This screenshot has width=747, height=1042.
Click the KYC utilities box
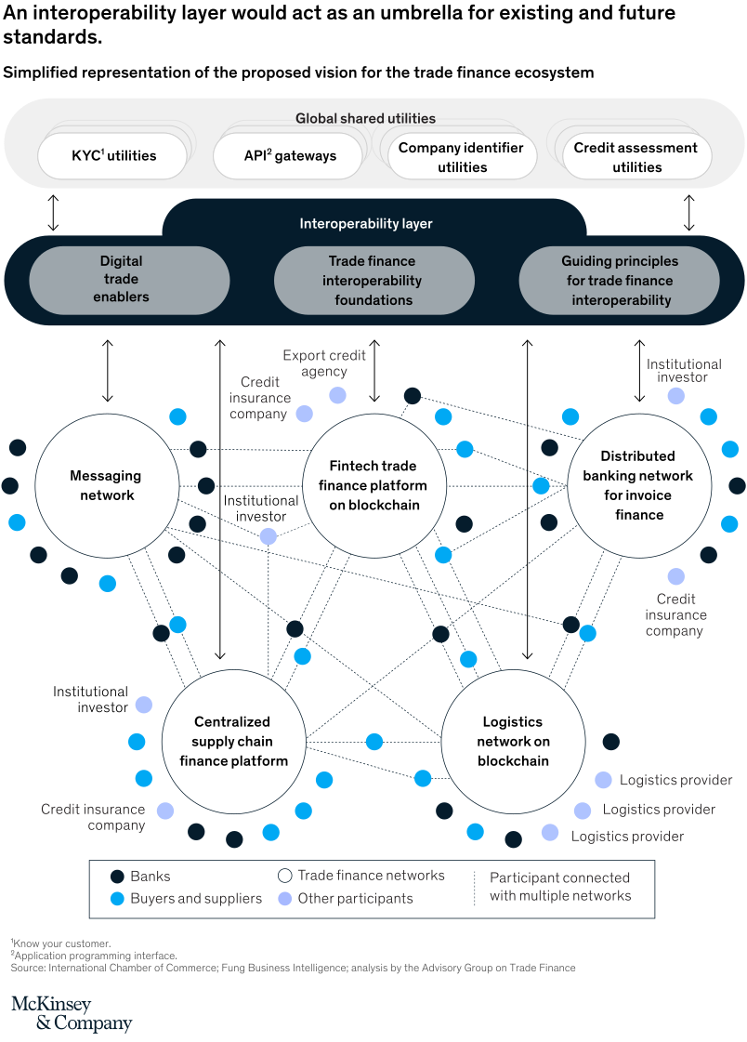click(113, 155)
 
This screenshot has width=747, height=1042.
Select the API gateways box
click(289, 155)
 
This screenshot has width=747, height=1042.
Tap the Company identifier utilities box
click(462, 157)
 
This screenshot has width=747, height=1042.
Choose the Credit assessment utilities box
click(636, 157)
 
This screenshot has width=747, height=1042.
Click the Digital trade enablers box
click(129, 280)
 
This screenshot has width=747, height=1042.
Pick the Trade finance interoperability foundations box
click(373, 280)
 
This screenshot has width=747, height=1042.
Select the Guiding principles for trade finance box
click(620, 280)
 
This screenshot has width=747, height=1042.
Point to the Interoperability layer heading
click(365, 224)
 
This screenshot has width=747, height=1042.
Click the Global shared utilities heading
click(365, 118)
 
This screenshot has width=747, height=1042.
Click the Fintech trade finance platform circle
click(373, 485)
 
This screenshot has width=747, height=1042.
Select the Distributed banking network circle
click(638, 485)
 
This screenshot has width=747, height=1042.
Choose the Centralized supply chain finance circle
click(233, 741)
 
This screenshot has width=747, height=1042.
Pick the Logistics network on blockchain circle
click(513, 741)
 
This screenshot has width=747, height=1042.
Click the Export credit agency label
click(324, 363)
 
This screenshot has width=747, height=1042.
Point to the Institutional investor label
click(684, 370)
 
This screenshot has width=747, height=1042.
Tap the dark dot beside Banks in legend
click(117, 877)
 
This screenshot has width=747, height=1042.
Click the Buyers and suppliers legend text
click(196, 899)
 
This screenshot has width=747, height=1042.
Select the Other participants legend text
click(355, 899)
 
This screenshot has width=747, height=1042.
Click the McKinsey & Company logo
click(72, 1013)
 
